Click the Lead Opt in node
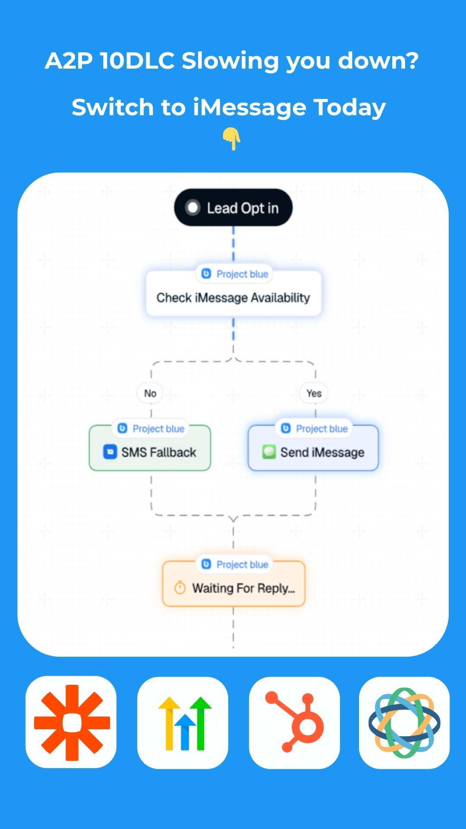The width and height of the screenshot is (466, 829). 233,208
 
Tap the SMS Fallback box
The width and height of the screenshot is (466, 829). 150,448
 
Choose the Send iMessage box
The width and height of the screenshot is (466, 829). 313,448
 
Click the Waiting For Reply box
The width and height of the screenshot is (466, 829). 233,583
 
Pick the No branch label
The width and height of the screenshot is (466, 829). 150,393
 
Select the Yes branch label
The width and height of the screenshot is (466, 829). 314,393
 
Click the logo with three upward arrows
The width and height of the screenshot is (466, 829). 185,723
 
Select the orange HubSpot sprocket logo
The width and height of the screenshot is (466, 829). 295,722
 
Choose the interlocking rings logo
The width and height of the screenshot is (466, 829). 404,722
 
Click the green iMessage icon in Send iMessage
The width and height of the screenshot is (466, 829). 269,452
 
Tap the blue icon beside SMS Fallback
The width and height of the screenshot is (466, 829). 110,452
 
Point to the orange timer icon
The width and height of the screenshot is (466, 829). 180,588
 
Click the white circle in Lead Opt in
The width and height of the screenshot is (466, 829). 192,208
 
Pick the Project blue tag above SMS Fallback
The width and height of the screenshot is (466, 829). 151,429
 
